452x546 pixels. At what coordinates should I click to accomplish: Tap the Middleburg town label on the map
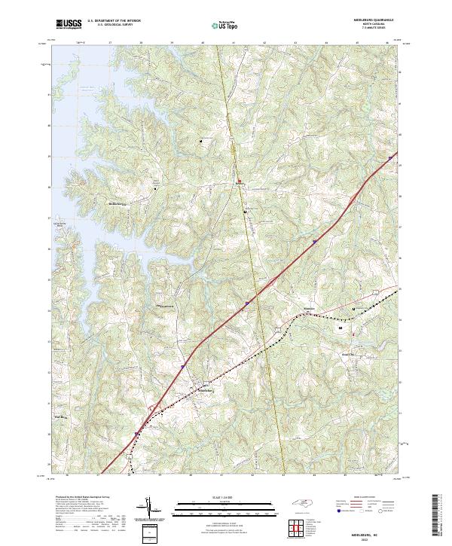click(206, 390)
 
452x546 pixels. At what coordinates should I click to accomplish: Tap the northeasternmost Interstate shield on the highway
click(390, 158)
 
